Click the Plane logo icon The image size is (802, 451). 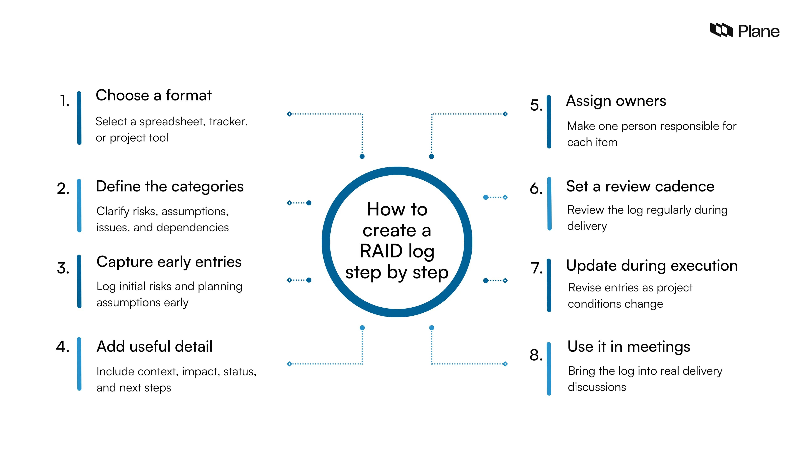(721, 30)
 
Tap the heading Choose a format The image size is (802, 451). (154, 95)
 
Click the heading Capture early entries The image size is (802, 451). (169, 262)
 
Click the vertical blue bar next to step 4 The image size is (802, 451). (79, 364)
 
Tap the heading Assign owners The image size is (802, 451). (616, 101)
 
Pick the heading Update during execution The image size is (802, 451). (652, 266)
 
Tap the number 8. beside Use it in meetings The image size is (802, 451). (536, 355)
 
